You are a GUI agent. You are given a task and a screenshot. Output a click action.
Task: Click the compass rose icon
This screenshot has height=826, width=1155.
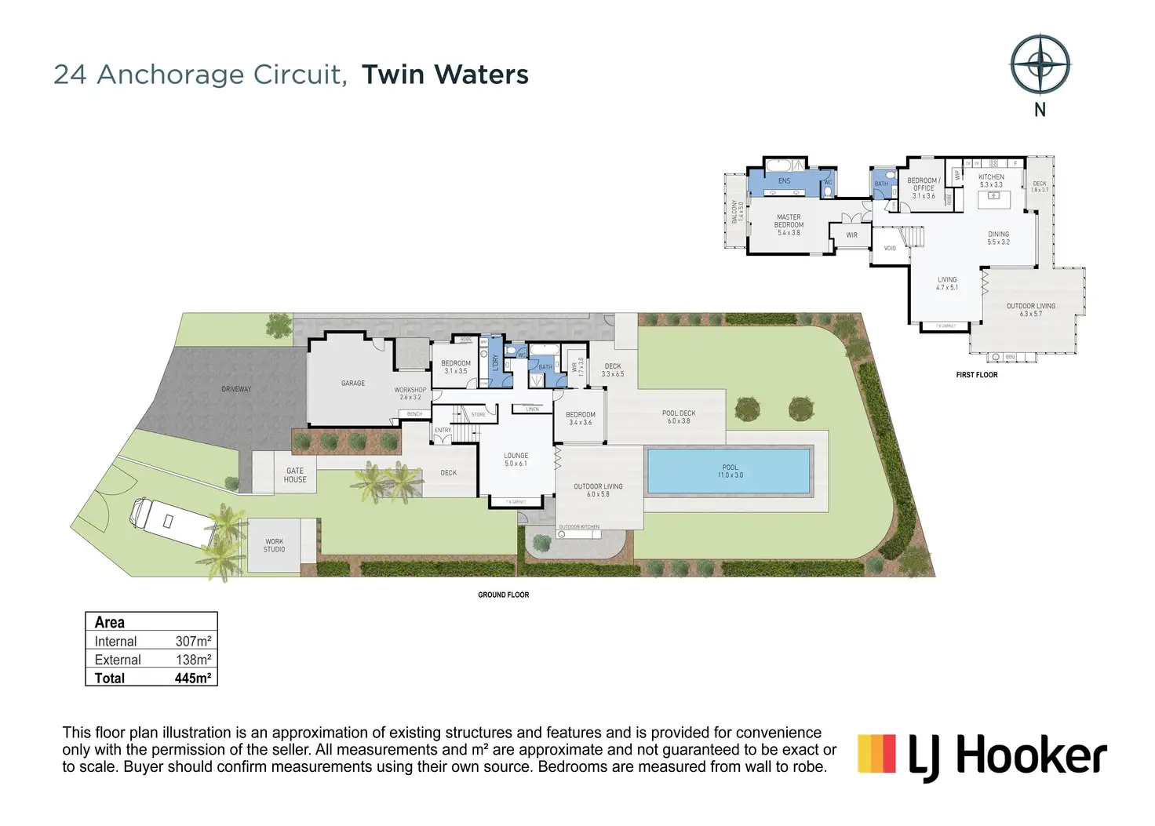pos(1040,65)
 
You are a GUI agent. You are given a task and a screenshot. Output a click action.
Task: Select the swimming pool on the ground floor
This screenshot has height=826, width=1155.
pos(729,471)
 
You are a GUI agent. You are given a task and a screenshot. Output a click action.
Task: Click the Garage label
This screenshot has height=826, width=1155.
pos(353,384)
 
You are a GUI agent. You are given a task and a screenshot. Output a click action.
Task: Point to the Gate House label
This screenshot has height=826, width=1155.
pos(295,475)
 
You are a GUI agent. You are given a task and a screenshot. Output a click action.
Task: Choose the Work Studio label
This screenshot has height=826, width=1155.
pos(275,545)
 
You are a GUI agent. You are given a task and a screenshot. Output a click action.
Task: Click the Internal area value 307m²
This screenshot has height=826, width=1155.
pos(193,642)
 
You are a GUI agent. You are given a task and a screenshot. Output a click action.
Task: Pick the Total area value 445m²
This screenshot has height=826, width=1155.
pos(192,679)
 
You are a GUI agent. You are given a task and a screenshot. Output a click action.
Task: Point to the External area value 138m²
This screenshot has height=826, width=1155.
pos(193,660)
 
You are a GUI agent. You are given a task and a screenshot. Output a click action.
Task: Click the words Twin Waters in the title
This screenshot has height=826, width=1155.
pos(445,75)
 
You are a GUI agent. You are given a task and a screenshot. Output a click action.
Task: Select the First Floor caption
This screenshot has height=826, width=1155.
pos(977,375)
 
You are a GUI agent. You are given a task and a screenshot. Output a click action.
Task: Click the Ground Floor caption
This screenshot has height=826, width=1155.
pos(504,595)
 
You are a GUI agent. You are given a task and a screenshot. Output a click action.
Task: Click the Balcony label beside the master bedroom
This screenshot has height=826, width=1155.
pos(735,212)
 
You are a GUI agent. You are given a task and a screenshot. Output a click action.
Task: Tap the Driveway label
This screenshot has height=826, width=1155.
pos(236,389)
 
